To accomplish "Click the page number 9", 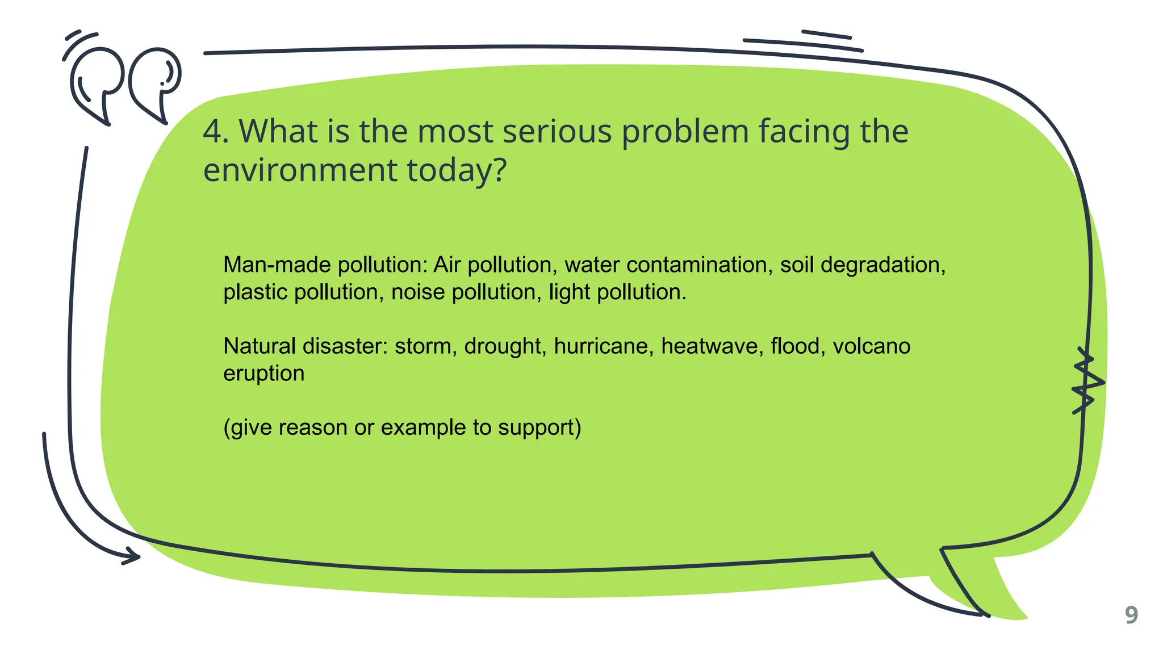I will click(1131, 615).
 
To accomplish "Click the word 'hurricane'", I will click(603, 346).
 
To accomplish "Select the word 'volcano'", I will click(871, 346).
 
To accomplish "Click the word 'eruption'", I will click(264, 374).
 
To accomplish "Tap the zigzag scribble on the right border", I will click(1086, 380).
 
